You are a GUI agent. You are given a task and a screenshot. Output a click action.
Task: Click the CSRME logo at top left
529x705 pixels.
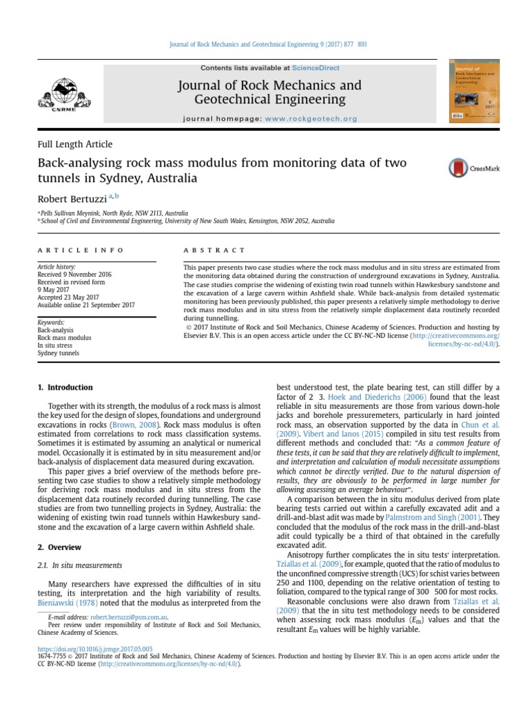click(x=68, y=95)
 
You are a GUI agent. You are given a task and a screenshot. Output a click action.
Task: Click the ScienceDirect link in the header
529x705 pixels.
click(x=315, y=68)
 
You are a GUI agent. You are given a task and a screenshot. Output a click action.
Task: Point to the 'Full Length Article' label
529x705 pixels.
click(x=74, y=145)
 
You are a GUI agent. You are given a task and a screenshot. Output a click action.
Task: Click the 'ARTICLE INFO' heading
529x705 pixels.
click(x=81, y=250)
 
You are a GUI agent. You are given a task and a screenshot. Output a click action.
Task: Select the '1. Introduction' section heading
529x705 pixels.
click(x=65, y=388)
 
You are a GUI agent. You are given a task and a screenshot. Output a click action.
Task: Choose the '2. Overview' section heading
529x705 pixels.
click(x=59, y=547)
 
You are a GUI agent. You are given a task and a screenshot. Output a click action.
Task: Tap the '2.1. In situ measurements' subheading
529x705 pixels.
click(x=80, y=565)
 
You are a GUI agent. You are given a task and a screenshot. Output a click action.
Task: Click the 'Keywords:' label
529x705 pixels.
click(x=51, y=322)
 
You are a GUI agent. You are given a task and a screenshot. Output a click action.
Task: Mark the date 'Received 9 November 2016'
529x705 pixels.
click(x=75, y=274)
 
